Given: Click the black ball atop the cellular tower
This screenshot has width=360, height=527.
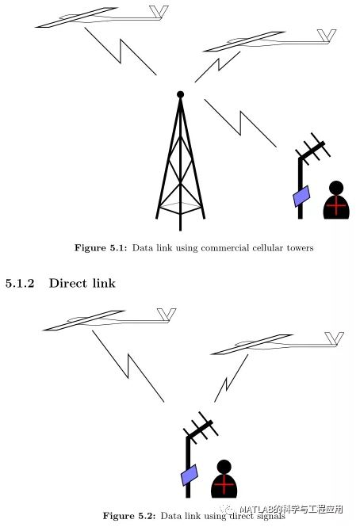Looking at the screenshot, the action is point(180,94).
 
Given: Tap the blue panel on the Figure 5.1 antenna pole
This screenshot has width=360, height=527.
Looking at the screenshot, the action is point(301,197).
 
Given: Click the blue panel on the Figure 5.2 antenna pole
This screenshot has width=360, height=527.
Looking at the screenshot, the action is point(190,475).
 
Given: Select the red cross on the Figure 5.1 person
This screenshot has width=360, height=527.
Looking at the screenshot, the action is point(336,205).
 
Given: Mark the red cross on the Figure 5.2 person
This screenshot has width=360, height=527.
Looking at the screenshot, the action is point(224,484).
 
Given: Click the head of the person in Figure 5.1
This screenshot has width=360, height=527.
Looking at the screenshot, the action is point(336,188).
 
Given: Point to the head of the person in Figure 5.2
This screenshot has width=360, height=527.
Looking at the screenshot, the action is point(224,467).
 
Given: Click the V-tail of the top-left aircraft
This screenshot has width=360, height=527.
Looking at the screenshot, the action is point(159,12).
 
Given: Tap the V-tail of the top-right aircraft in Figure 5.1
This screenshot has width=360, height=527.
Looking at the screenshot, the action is point(327,36).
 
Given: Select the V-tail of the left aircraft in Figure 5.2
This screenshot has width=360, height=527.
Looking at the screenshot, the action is point(167,315).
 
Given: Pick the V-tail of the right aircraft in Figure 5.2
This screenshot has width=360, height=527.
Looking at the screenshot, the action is point(334,339).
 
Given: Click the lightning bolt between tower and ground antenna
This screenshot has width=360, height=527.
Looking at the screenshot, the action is point(241,124).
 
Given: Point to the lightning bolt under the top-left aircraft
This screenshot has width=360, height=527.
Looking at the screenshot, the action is point(121,51).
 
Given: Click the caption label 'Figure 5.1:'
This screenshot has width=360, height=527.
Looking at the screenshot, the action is point(101,248).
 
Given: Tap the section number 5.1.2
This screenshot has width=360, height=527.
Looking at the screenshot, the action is point(20,283).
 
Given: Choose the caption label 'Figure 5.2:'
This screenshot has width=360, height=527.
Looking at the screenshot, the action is point(129,516).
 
